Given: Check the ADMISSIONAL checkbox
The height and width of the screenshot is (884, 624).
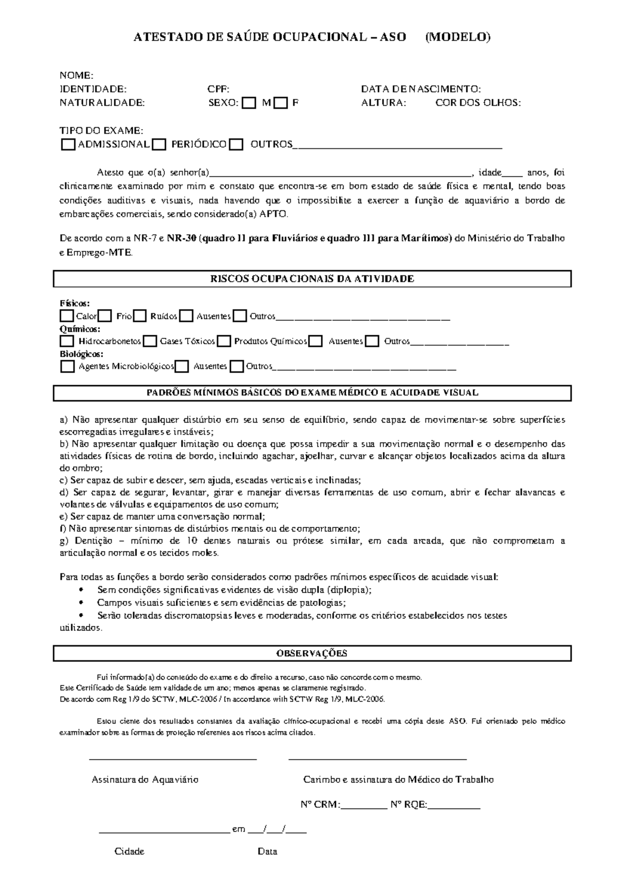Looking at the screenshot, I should (68, 144).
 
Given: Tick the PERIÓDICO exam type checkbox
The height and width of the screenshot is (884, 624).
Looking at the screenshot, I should (160, 144).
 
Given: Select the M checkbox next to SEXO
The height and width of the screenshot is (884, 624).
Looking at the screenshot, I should (250, 103).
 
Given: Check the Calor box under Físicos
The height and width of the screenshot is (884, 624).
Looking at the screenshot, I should (67, 316).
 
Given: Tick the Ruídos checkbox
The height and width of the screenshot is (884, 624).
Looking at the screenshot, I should (139, 316).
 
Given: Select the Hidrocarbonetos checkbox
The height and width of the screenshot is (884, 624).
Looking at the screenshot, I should (67, 342).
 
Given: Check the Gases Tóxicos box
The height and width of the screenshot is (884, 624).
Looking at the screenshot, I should (150, 342).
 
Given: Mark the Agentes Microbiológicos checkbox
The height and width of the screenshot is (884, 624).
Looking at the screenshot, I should (68, 367).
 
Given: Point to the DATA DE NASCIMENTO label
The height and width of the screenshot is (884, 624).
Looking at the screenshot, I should (421, 89).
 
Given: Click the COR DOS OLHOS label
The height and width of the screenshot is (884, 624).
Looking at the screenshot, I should (478, 103).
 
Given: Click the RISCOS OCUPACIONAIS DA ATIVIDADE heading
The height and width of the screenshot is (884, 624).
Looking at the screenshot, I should (312, 279).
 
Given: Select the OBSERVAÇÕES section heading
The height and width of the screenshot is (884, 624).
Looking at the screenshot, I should (312, 653).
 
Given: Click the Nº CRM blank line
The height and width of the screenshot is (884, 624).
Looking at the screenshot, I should (364, 805).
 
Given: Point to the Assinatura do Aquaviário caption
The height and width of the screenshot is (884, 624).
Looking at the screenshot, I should (145, 780).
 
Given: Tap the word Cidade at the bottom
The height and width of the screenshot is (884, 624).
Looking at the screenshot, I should (129, 852).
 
